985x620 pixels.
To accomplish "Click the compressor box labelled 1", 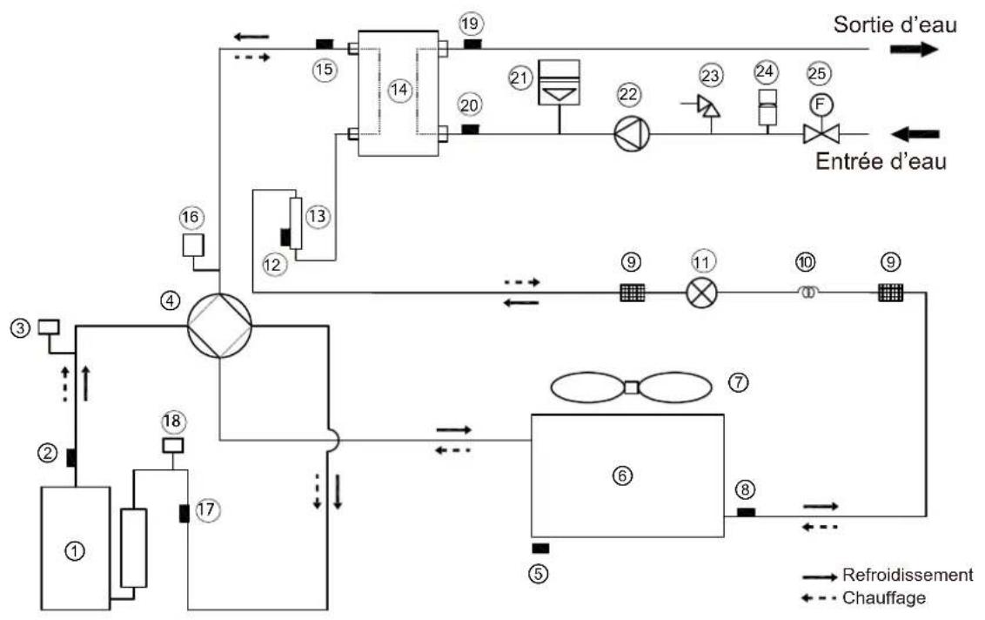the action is click(x=76, y=548).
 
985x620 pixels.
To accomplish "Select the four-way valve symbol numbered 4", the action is click(x=220, y=326).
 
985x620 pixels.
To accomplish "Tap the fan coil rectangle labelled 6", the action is click(x=627, y=475).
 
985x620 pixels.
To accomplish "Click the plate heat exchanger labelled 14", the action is click(x=399, y=92).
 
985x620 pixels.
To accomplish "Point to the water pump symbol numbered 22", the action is click(x=632, y=134).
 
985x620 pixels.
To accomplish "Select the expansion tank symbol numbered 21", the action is click(x=560, y=83).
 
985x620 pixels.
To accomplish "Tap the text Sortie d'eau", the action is click(x=895, y=24).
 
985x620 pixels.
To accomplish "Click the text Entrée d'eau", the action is click(x=881, y=161).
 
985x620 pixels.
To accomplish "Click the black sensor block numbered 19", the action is click(x=472, y=44).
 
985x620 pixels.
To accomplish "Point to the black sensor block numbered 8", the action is click(x=746, y=513).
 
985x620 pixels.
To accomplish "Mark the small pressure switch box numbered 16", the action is click(x=193, y=246).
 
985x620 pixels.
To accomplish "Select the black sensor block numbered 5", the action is click(x=540, y=549).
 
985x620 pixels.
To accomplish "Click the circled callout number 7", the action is click(x=739, y=381).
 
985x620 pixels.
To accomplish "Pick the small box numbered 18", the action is click(x=173, y=445).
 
